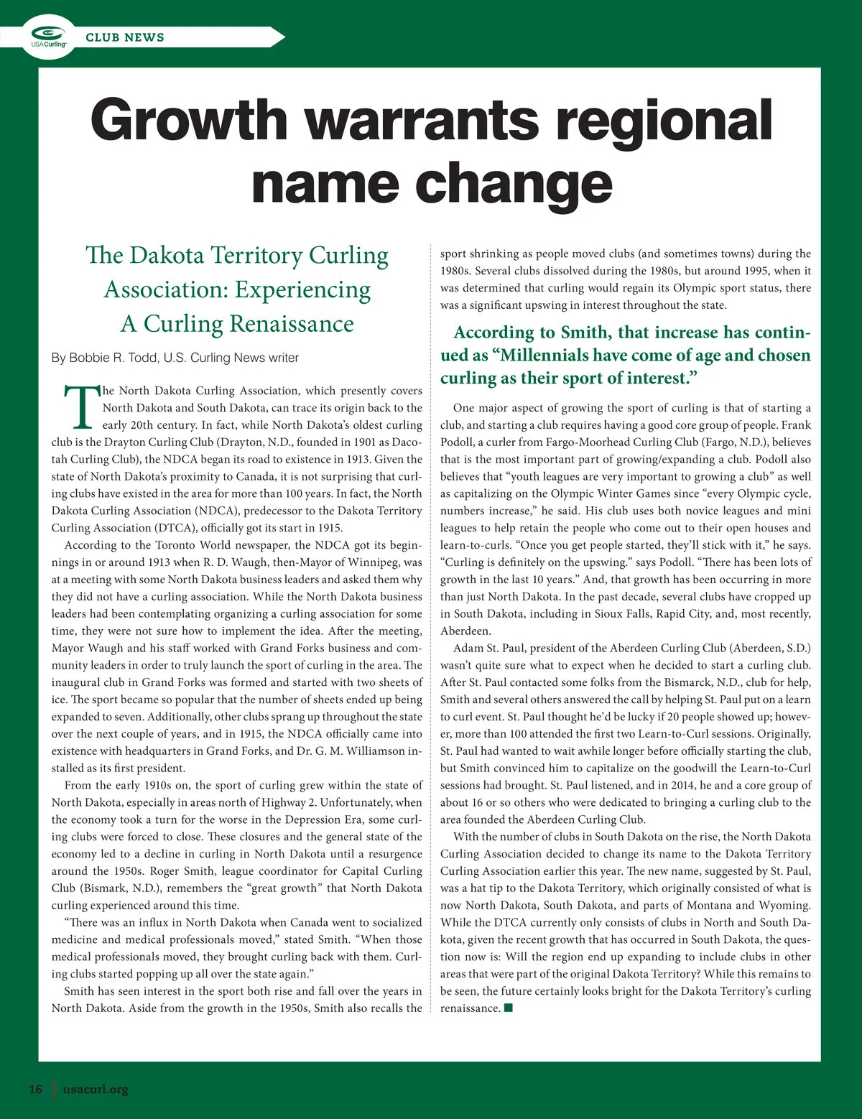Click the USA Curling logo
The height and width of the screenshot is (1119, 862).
pyautogui.click(x=49, y=37)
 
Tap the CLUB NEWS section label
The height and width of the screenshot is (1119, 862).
pyautogui.click(x=125, y=37)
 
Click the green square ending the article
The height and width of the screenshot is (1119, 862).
pyautogui.click(x=509, y=1008)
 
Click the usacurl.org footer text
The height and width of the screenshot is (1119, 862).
pyautogui.click(x=96, y=1089)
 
